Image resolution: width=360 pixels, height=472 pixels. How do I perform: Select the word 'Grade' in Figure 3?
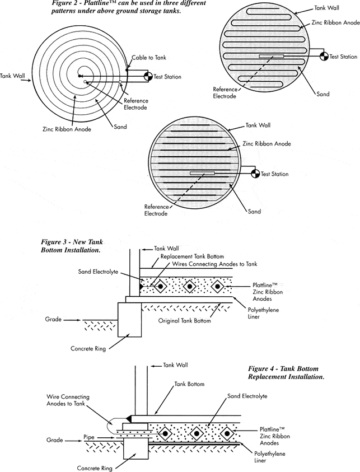53,320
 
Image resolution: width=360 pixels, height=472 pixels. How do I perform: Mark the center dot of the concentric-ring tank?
81,77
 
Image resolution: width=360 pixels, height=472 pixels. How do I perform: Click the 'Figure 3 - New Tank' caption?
71,242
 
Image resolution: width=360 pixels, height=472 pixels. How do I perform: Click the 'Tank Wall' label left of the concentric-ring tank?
11,76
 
